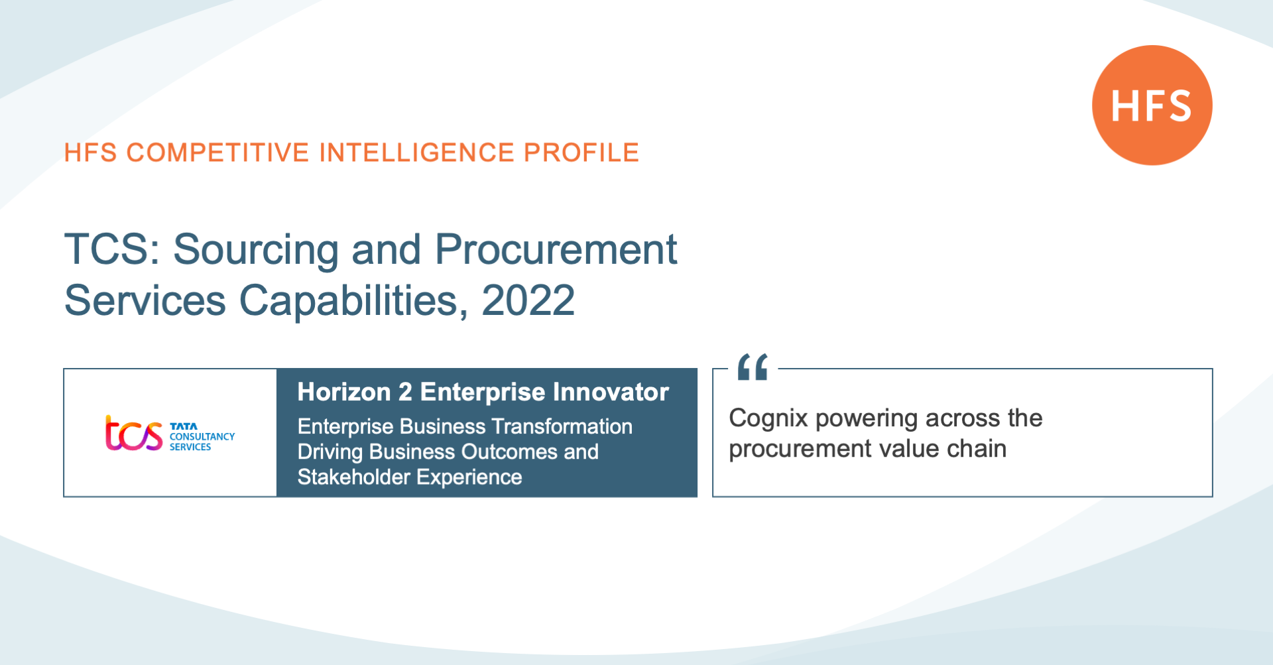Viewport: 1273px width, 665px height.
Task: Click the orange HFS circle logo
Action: point(1152,105)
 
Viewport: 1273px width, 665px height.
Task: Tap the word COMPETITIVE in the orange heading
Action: point(218,152)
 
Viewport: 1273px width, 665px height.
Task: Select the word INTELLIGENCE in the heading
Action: point(416,152)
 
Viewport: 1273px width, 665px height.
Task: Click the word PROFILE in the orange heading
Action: point(581,152)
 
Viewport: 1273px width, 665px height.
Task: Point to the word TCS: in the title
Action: point(112,249)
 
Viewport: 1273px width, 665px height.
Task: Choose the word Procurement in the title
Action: point(556,249)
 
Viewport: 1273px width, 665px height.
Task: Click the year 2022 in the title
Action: point(528,300)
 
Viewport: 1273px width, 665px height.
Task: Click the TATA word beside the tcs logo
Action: point(184,426)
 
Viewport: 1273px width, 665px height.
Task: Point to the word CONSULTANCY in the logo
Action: point(202,436)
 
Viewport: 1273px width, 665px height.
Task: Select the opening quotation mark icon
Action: point(753,367)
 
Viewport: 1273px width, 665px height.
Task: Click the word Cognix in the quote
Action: point(768,419)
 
